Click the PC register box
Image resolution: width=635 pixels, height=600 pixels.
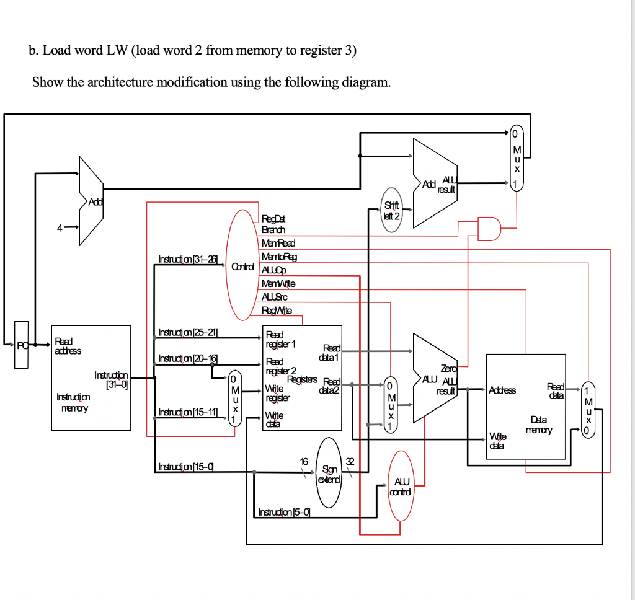click(21, 345)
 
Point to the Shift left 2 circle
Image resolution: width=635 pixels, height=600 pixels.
click(392, 210)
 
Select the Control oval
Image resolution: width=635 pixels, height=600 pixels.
click(242, 267)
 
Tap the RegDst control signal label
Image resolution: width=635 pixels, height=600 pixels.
click(273, 219)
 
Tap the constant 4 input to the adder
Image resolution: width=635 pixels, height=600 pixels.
click(60, 227)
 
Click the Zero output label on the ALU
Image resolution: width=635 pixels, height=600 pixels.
click(448, 368)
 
